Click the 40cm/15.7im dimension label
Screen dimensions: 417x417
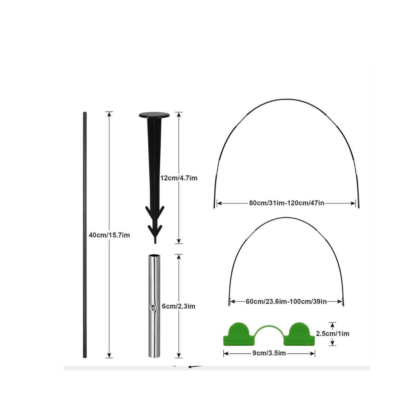tap(109, 235)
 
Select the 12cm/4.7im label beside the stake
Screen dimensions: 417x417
tap(179, 178)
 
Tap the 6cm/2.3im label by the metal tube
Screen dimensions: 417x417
tap(178, 306)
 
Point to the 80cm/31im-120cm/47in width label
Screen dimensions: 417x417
tap(286, 203)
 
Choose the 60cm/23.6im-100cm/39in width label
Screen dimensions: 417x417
tap(286, 302)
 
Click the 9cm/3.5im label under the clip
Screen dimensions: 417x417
tap(269, 353)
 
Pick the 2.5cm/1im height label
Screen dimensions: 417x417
tap(332, 334)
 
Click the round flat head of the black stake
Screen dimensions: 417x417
tap(154, 115)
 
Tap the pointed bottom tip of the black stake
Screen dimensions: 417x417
tap(155, 242)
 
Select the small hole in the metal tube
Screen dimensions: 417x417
tap(153, 308)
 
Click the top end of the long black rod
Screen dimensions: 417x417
tap(85, 113)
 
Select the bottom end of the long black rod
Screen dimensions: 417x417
tap(85, 357)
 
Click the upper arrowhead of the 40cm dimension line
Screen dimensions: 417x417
tap(109, 114)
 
